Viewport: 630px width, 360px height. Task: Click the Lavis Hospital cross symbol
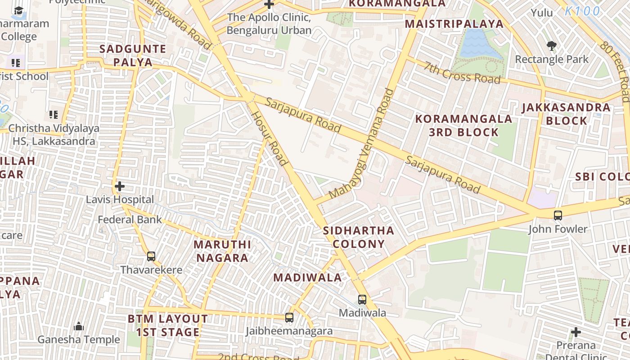pyautogui.click(x=120, y=186)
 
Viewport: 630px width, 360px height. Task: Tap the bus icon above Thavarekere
pyautogui.click(x=151, y=256)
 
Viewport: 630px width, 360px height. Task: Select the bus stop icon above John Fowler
pyautogui.click(x=558, y=216)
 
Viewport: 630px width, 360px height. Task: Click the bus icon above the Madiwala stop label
pyautogui.click(x=362, y=300)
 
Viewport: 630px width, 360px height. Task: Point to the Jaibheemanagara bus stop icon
pyautogui.click(x=289, y=318)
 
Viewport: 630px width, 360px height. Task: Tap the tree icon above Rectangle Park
pyautogui.click(x=551, y=45)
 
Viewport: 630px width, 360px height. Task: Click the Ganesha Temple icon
pyautogui.click(x=79, y=326)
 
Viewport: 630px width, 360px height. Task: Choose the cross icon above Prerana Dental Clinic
pyautogui.click(x=576, y=333)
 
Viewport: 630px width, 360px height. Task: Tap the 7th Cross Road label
pyautogui.click(x=462, y=72)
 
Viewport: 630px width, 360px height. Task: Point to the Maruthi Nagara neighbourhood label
pyautogui.click(x=222, y=251)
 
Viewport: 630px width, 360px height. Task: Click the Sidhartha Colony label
pyautogui.click(x=359, y=237)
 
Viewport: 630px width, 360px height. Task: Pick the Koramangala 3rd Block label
pyautogui.click(x=463, y=126)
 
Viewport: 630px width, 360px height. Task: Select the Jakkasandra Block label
pyautogui.click(x=566, y=114)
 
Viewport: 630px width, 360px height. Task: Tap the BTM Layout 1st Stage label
pyautogui.click(x=168, y=325)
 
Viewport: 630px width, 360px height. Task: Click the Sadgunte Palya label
pyautogui.click(x=133, y=55)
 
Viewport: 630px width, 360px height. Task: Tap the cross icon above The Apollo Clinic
pyautogui.click(x=269, y=4)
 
